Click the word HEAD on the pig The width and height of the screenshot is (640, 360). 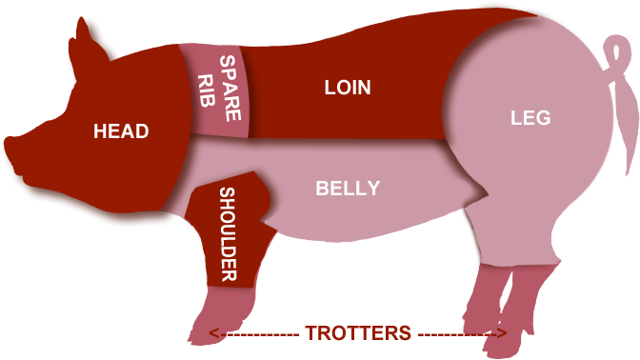click(x=121, y=131)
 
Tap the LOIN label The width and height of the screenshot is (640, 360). click(x=348, y=89)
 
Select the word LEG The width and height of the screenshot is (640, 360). click(x=530, y=119)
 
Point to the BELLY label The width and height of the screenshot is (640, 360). click(x=348, y=189)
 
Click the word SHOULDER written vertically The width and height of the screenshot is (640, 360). click(x=228, y=235)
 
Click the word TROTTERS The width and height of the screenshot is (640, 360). click(x=358, y=333)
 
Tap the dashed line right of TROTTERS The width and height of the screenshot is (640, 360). click(x=453, y=334)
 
